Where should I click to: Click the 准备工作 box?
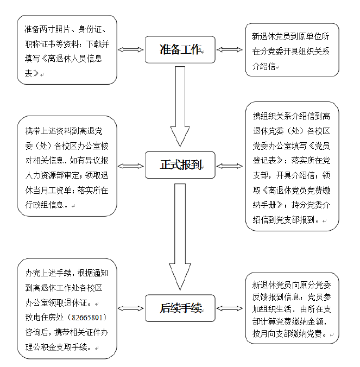click(x=181, y=50)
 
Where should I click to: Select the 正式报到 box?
click(x=181, y=165)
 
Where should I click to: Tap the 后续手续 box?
click(x=181, y=308)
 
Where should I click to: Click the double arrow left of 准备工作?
click(x=131, y=50)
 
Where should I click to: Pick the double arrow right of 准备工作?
click(x=230, y=50)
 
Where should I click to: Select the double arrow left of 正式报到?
click(x=131, y=165)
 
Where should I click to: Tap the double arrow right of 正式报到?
click(x=230, y=165)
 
